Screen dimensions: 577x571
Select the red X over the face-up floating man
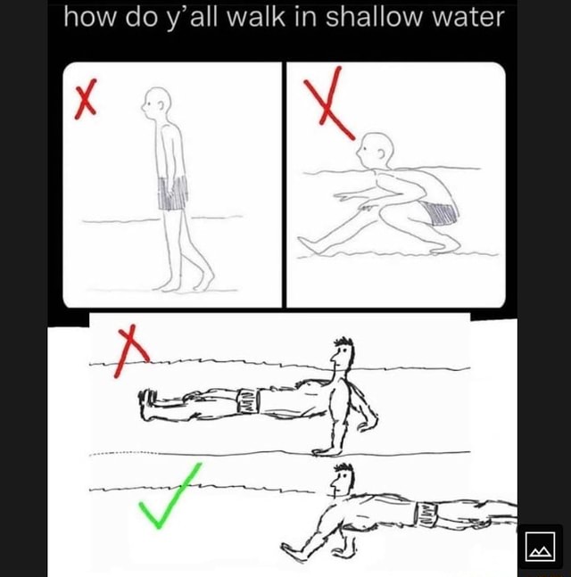[x=130, y=350]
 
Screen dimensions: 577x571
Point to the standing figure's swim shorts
[x=173, y=192]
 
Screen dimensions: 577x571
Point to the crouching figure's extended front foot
[x=309, y=243]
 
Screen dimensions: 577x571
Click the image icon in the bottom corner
[x=541, y=545]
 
